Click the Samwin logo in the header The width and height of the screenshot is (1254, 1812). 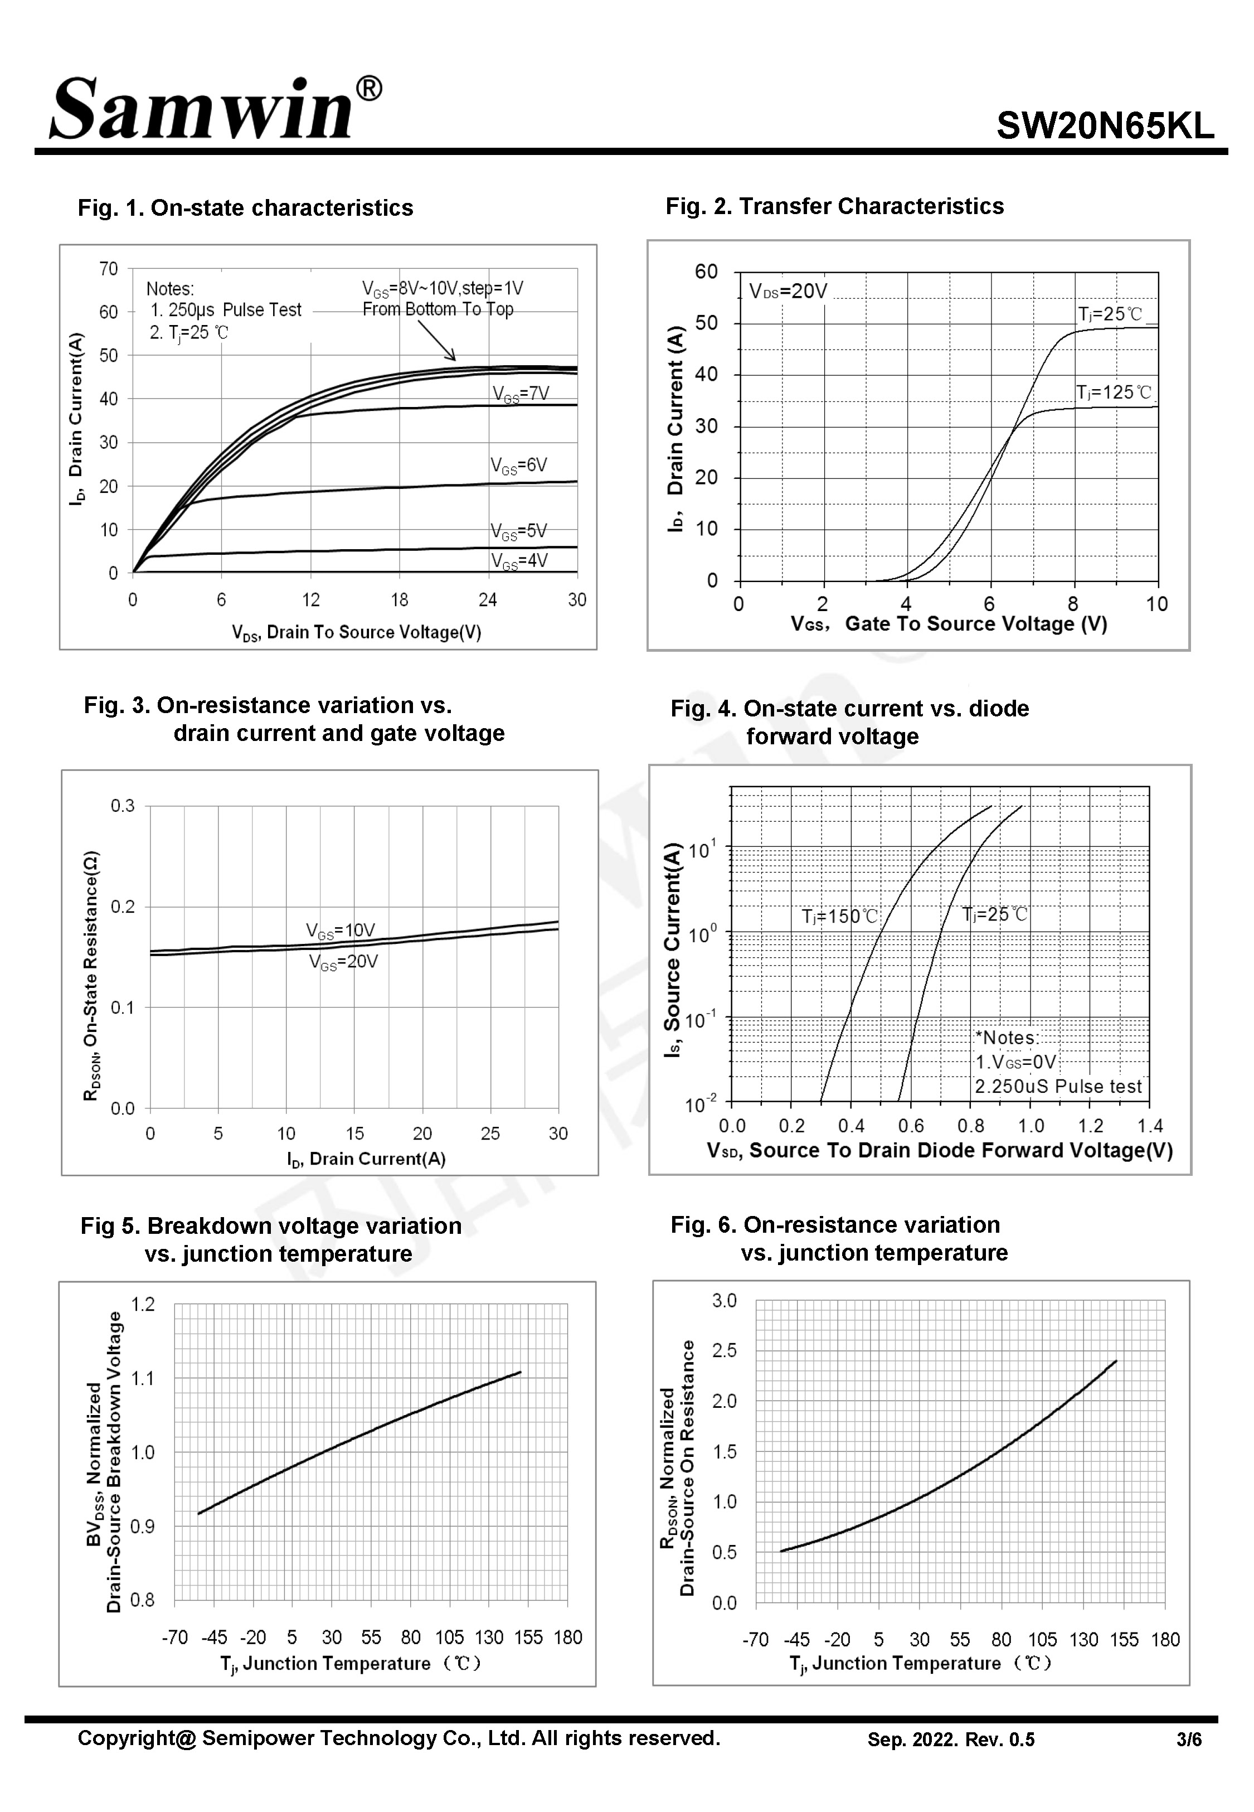pos(215,108)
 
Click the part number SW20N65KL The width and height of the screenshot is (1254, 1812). pos(1105,125)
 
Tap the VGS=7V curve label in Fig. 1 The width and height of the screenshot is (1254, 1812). pos(520,394)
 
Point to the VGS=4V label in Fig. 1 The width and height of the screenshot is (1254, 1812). pos(518,560)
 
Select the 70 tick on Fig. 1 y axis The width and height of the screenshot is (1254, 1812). pos(109,269)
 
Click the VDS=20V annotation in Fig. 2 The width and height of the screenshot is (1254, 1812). pos(788,292)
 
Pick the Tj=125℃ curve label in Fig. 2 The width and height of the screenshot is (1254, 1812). pos(1114,392)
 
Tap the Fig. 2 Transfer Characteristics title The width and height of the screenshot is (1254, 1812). pos(834,206)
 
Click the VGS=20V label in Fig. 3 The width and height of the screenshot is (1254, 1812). pos(343,962)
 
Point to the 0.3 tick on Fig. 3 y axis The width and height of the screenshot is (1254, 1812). pos(123,806)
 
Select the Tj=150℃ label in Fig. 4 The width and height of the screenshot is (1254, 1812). pos(839,916)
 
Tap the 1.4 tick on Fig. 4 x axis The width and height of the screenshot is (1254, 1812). pos(1149,1126)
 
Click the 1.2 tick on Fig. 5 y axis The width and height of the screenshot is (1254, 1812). pos(142,1305)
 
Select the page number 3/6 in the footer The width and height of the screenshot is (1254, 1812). pos(1189,1740)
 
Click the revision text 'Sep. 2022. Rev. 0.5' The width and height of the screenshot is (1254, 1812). pos(951,1740)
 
